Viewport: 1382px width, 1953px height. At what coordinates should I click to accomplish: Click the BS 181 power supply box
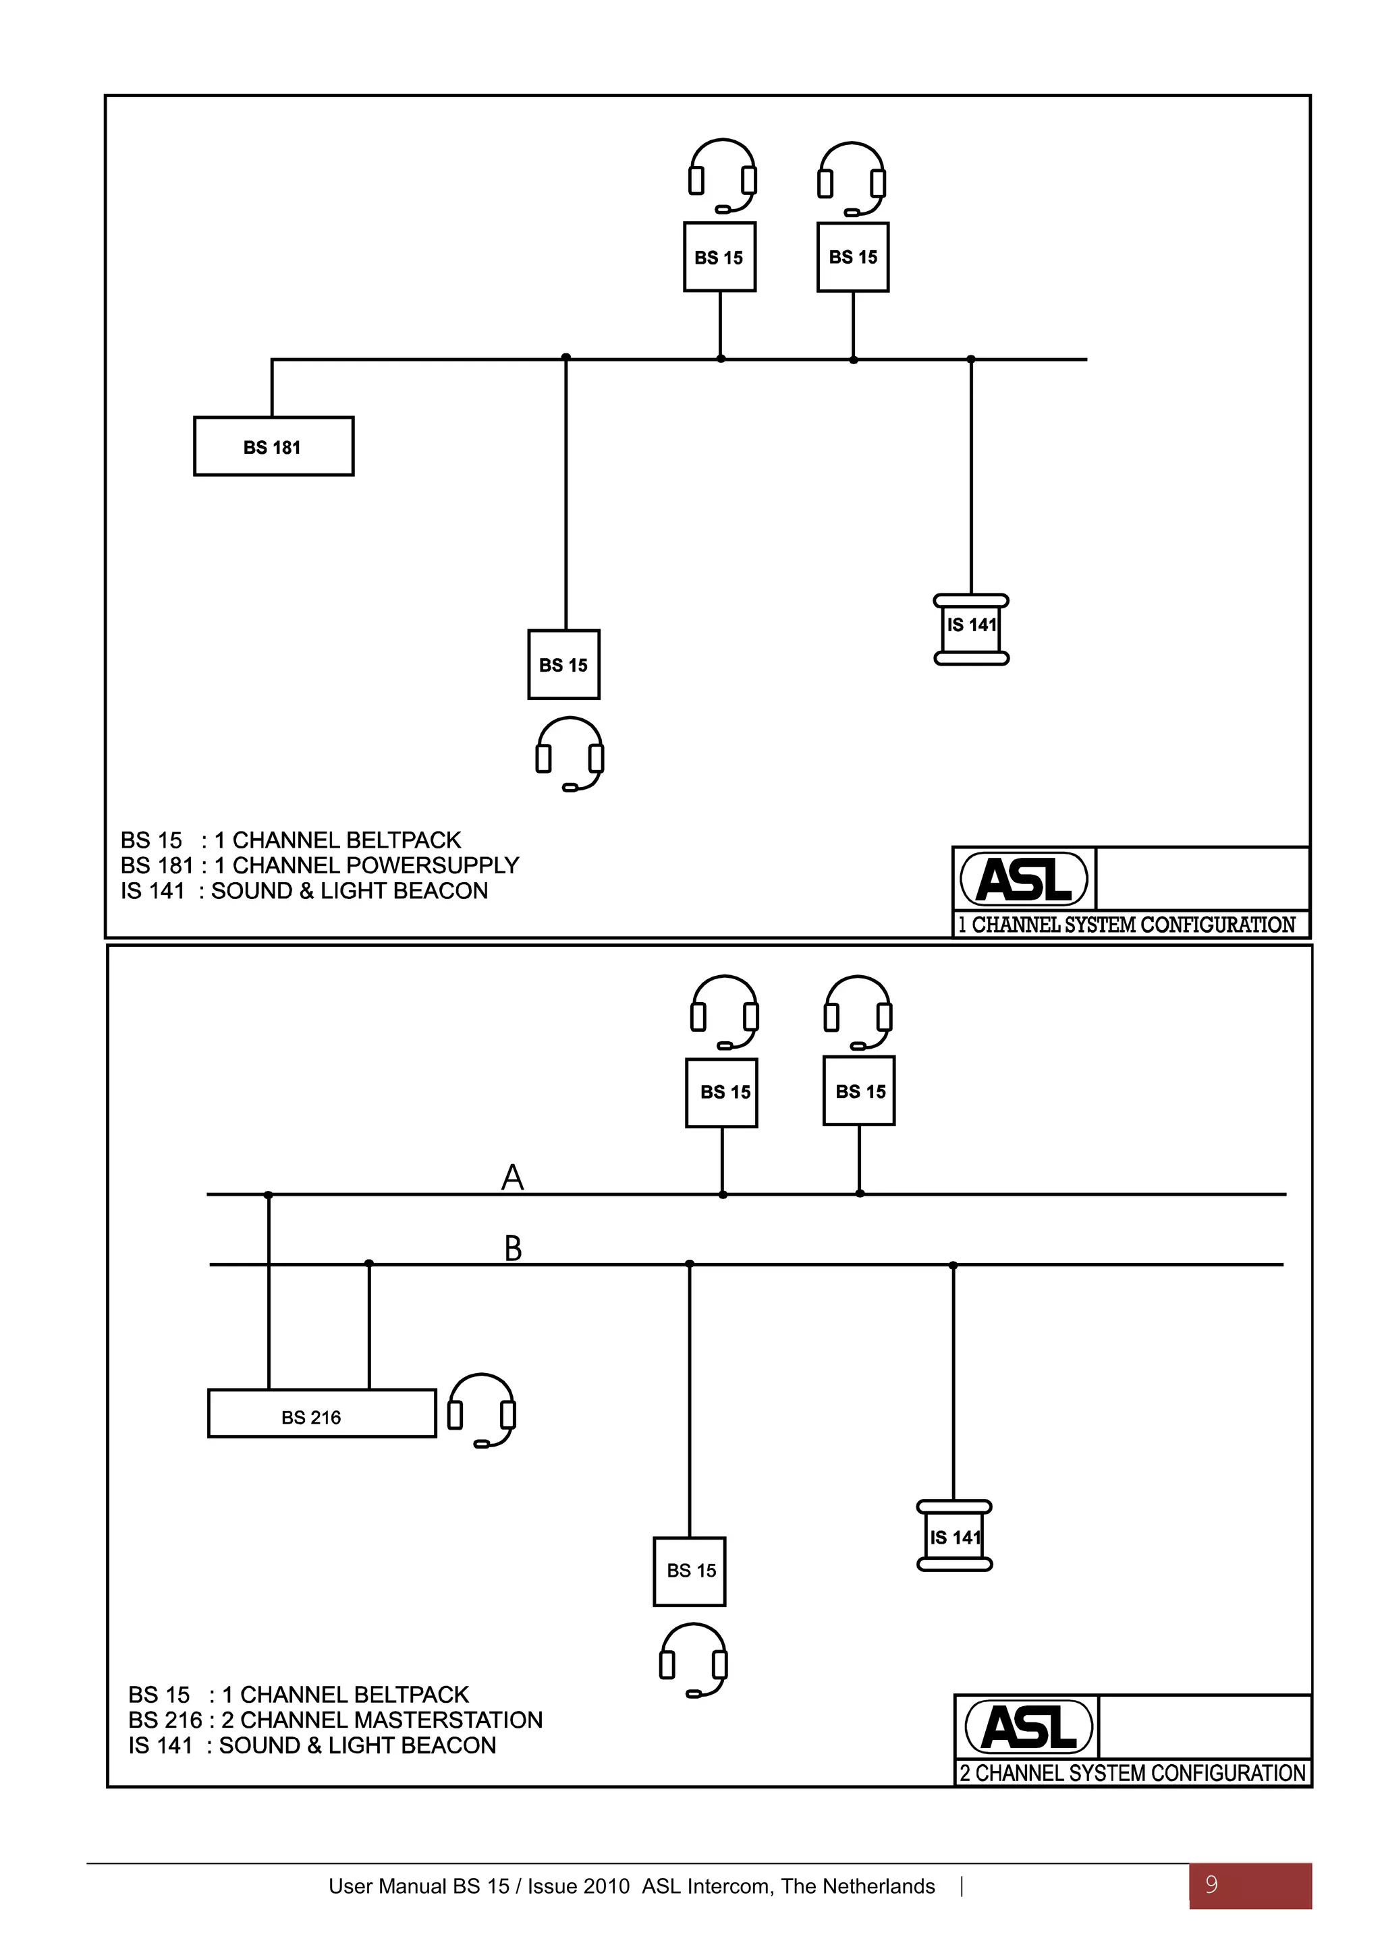coord(273,446)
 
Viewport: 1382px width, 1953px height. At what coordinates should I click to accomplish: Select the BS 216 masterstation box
coord(322,1416)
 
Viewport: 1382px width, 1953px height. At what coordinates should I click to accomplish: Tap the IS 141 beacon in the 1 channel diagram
coord(971,629)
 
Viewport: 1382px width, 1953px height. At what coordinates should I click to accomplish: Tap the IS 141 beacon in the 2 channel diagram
coord(955,1536)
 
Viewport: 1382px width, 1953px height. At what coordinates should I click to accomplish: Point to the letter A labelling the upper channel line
coord(512,1177)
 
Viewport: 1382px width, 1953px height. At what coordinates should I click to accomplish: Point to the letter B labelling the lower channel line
coord(513,1249)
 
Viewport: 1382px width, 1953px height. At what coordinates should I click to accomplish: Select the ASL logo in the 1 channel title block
coord(1024,879)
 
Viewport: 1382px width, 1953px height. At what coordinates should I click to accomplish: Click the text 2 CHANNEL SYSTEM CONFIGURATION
coord(1133,1774)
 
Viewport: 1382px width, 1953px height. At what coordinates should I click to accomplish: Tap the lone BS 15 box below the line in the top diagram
coord(563,664)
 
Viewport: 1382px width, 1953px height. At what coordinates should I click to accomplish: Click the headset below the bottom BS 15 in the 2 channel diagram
coord(694,1660)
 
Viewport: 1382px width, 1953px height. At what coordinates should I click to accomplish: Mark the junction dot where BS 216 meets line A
coord(269,1195)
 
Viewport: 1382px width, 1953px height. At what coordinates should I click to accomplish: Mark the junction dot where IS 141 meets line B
coord(953,1265)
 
